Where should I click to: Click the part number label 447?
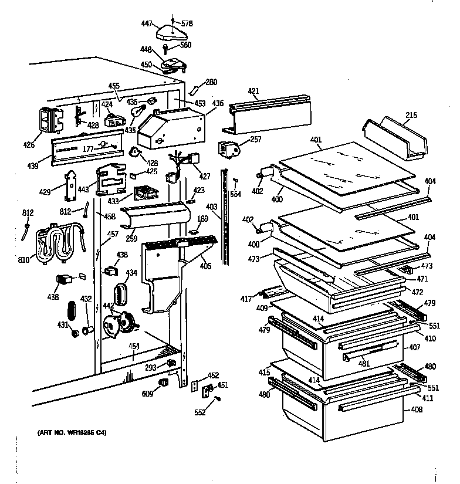(147, 23)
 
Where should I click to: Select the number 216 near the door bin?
(411, 116)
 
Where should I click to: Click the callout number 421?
(253, 92)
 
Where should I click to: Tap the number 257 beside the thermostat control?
(255, 139)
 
